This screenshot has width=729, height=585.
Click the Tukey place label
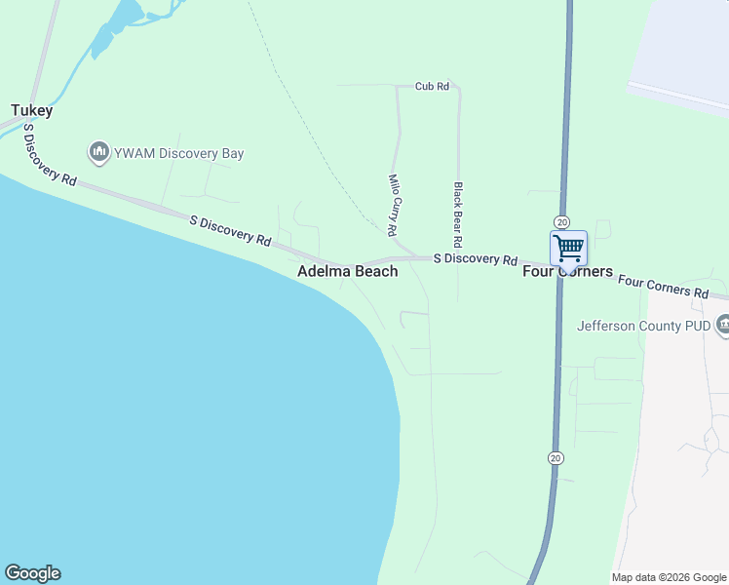click(x=31, y=111)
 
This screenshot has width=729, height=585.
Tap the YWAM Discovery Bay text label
click(x=177, y=153)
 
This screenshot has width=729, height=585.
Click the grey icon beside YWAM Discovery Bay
click(x=98, y=152)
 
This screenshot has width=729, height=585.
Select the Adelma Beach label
click(x=347, y=271)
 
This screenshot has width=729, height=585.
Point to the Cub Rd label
click(x=431, y=86)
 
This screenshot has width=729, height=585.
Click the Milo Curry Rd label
click(x=393, y=206)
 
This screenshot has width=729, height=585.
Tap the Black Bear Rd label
click(x=456, y=214)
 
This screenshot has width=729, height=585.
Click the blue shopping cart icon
click(x=568, y=248)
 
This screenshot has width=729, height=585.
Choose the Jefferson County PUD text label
click(x=643, y=326)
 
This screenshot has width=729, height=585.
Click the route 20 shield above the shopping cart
click(x=561, y=222)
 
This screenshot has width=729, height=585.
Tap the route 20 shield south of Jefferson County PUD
click(x=556, y=457)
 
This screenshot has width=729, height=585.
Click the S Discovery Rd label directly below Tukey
click(x=49, y=154)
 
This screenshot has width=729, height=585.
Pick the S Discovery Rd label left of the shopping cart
click(x=475, y=259)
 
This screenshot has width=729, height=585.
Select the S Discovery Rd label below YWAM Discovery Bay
click(x=230, y=230)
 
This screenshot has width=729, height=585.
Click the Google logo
click(x=32, y=573)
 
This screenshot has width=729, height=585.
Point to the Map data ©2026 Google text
click(x=669, y=577)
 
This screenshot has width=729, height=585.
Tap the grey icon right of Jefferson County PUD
click(x=723, y=325)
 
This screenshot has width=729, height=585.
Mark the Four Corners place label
click(x=568, y=271)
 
